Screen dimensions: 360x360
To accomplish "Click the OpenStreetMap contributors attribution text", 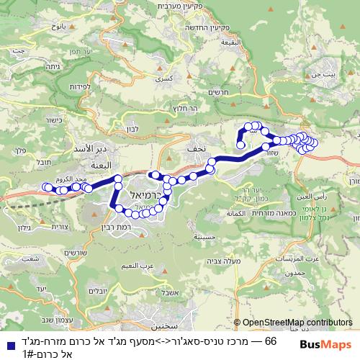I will pyautogui.click(x=294, y=323).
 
